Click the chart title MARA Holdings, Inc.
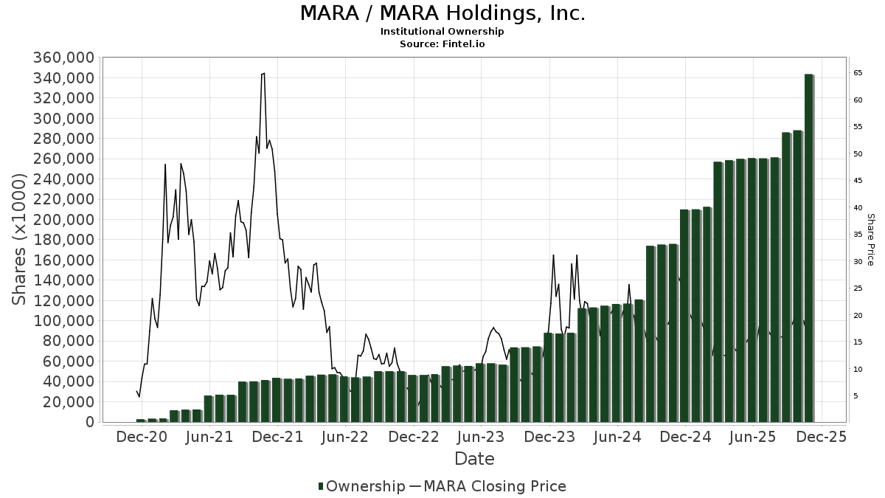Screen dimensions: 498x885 click(x=442, y=13)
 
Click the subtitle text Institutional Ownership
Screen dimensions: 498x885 click(x=442, y=32)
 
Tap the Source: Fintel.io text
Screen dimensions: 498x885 click(x=442, y=44)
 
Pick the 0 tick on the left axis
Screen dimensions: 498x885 click(x=88, y=422)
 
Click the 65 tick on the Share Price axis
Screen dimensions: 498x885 click(x=858, y=73)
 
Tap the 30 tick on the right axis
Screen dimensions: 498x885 click(x=858, y=262)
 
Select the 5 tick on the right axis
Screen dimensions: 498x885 click(x=856, y=396)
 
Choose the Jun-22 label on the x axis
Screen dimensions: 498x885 click(x=345, y=437)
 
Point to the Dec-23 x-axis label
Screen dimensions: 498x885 click(x=549, y=437)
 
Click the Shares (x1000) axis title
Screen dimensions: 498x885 click(x=20, y=240)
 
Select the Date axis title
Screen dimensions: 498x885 click(x=474, y=459)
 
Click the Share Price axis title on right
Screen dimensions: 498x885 click(x=870, y=240)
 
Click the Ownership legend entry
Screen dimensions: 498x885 click(x=361, y=486)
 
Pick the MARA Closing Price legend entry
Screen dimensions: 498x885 click(x=487, y=486)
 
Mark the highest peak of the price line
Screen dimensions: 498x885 click(x=263, y=73)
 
